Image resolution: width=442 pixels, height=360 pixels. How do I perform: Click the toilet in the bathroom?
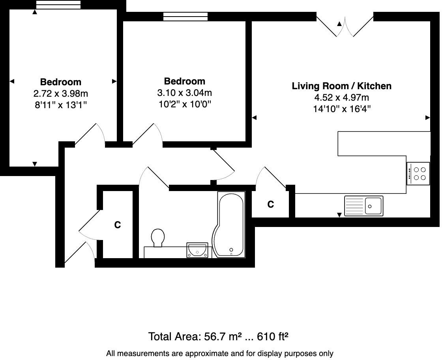point(158,238)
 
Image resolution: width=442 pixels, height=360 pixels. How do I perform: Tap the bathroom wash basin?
point(197,250)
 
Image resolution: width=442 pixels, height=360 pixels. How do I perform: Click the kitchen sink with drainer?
point(363,206)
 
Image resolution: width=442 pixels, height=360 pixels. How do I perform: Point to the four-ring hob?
point(418,174)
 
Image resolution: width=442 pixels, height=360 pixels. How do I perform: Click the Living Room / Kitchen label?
point(341,86)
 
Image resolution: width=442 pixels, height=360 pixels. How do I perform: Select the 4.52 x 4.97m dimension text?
point(341,97)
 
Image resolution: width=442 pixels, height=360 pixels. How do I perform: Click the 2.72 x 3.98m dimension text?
point(61,94)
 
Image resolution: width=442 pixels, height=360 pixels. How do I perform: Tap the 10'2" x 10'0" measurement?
point(185,105)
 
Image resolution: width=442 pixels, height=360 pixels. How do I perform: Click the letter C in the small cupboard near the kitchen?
point(271,204)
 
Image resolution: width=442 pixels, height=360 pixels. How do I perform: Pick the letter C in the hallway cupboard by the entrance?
point(117,225)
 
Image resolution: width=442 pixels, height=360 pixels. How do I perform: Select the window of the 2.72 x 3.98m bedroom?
point(58,5)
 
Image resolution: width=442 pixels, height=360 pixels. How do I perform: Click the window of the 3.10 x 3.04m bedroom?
point(185,17)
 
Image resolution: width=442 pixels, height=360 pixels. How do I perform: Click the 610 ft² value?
point(273,337)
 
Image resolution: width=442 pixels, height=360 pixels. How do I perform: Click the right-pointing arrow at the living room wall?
point(427,118)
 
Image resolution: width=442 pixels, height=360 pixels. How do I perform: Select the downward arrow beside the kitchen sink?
point(339,215)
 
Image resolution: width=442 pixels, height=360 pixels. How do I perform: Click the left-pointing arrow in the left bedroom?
point(12,81)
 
